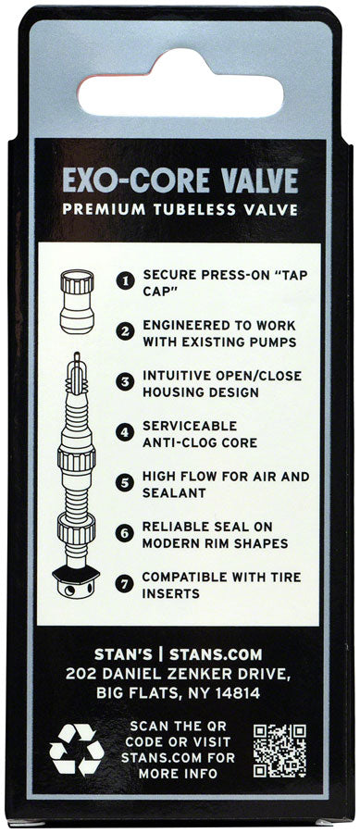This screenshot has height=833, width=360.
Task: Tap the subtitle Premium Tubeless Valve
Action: tap(180, 209)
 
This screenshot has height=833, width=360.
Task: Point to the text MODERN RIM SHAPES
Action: tap(215, 543)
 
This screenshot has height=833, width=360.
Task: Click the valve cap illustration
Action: tap(77, 301)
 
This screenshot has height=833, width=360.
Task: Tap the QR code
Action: tap(279, 749)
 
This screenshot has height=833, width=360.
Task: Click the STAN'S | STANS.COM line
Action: tap(180, 653)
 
